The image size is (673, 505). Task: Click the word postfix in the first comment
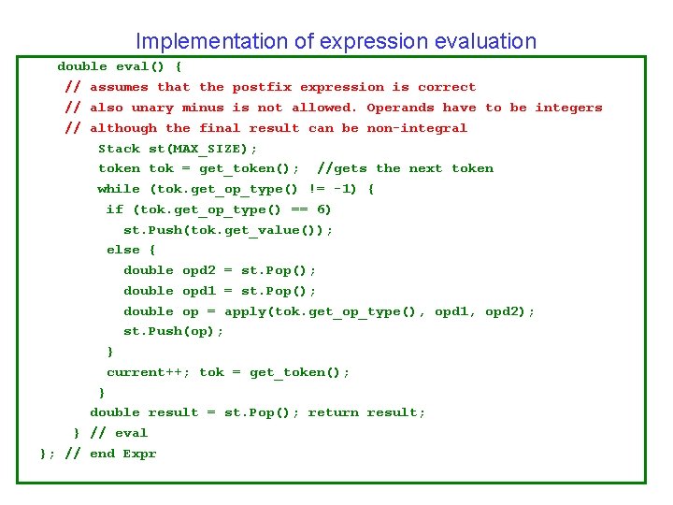point(262,87)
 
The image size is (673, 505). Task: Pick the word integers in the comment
point(568,108)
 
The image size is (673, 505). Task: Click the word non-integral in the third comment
point(417,128)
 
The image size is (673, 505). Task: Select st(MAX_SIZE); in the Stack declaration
point(203,149)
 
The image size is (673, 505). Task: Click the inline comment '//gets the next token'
point(405,168)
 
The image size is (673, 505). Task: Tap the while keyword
point(119,189)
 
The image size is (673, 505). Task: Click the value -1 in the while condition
point(346,189)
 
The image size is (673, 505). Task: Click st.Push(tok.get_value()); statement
point(228,230)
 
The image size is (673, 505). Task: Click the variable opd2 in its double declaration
point(198,270)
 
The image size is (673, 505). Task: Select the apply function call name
point(245,311)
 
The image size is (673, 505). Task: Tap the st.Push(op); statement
point(174,331)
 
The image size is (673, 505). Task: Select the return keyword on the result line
point(333,412)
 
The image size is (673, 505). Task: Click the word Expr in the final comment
point(139,454)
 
